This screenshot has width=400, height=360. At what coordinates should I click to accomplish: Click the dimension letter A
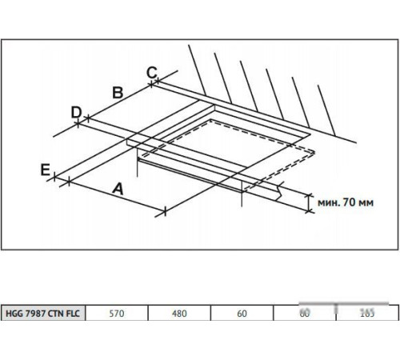click(118, 190)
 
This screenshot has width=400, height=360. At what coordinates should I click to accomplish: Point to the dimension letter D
click(76, 112)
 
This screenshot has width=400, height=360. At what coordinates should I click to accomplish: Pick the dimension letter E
click(46, 169)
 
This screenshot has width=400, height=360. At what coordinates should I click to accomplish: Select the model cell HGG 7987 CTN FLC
click(44, 314)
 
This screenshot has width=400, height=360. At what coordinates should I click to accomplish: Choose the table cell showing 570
click(117, 314)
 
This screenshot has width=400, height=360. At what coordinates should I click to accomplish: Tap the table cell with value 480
click(179, 314)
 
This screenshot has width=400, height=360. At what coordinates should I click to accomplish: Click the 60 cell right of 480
click(242, 314)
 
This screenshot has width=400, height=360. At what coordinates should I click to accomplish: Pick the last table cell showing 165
click(367, 314)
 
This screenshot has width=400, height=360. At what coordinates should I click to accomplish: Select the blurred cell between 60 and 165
click(305, 314)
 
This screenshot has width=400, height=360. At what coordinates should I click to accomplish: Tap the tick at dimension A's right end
click(165, 211)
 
